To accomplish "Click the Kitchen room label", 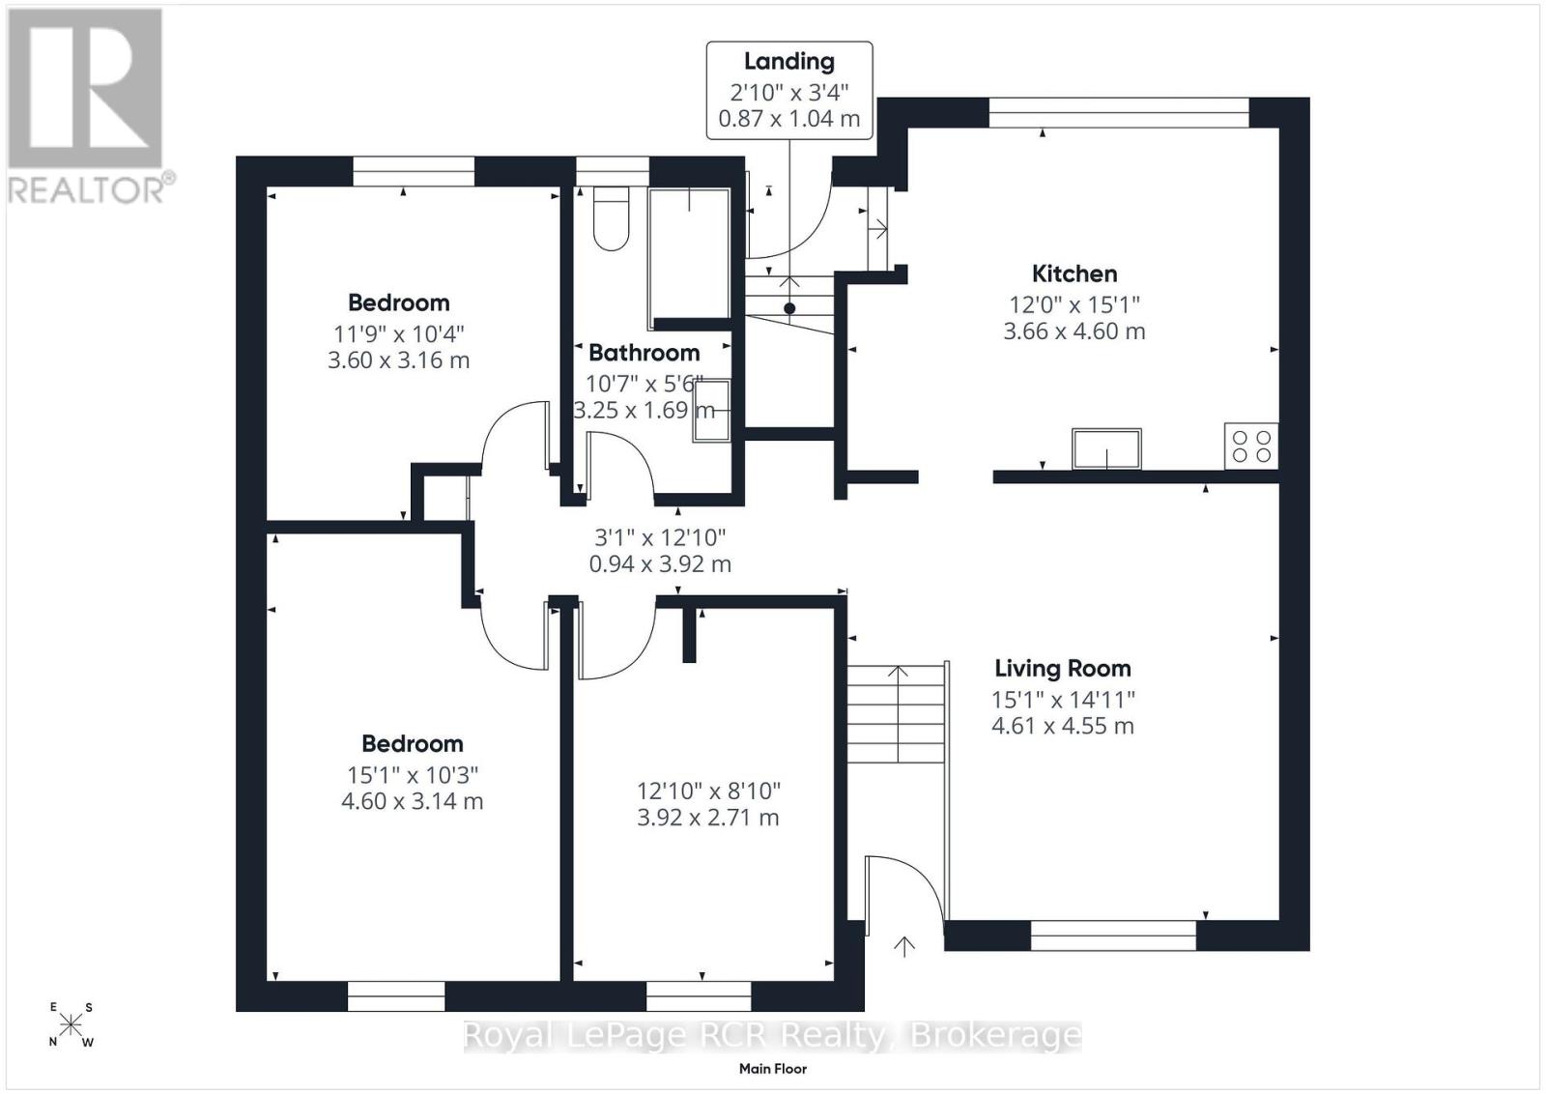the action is coord(1074,274).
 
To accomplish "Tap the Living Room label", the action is coord(1063,668).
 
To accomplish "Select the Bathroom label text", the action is coord(644,353).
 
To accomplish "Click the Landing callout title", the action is coord(788,62).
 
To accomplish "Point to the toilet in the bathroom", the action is coord(611,218).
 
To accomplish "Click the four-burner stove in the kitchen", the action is coord(1251,446).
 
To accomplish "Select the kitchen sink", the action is coord(1106,448).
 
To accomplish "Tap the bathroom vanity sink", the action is coord(712,410).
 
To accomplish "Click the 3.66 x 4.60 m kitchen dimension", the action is coord(1074,331).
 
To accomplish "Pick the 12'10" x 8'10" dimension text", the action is coord(708,791).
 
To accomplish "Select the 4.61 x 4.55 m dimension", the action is coord(1063,726).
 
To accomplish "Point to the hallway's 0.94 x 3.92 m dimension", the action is coord(660,563).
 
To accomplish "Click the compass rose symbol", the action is coord(71,1025).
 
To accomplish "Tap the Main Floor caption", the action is coord(773,1069).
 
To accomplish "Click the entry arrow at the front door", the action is coord(904,946).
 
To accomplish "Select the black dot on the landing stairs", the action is coord(789,308).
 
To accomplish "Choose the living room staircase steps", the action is coord(896,713).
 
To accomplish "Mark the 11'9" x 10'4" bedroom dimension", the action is coord(399,334).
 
